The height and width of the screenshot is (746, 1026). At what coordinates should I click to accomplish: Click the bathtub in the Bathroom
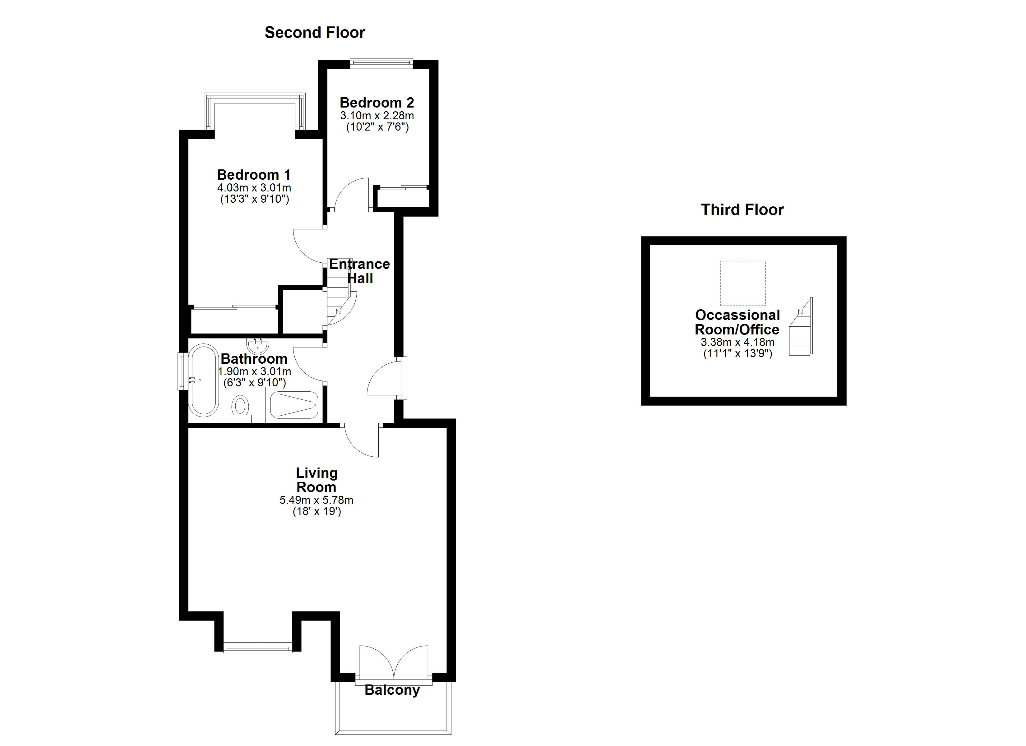[x=204, y=380]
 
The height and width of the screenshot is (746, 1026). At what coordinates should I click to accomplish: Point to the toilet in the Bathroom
[x=240, y=406]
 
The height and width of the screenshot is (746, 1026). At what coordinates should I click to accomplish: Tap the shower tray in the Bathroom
[x=294, y=404]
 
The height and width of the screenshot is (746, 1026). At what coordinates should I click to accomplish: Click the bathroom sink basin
[x=258, y=345]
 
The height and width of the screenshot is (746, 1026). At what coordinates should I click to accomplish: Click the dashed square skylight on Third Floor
[x=743, y=283]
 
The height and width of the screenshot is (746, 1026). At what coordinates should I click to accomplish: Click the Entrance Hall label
[x=360, y=270]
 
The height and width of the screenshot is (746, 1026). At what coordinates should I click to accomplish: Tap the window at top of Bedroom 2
[x=381, y=63]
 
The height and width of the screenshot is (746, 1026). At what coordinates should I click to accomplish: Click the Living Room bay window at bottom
[x=258, y=648]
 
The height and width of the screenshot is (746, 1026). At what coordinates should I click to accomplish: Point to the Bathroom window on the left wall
[x=182, y=371]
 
